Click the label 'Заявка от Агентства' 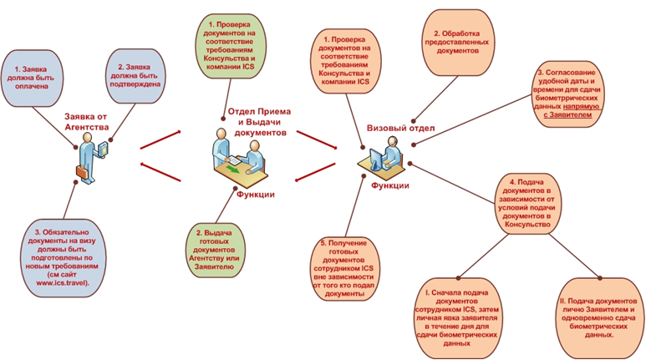point(86,122)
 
